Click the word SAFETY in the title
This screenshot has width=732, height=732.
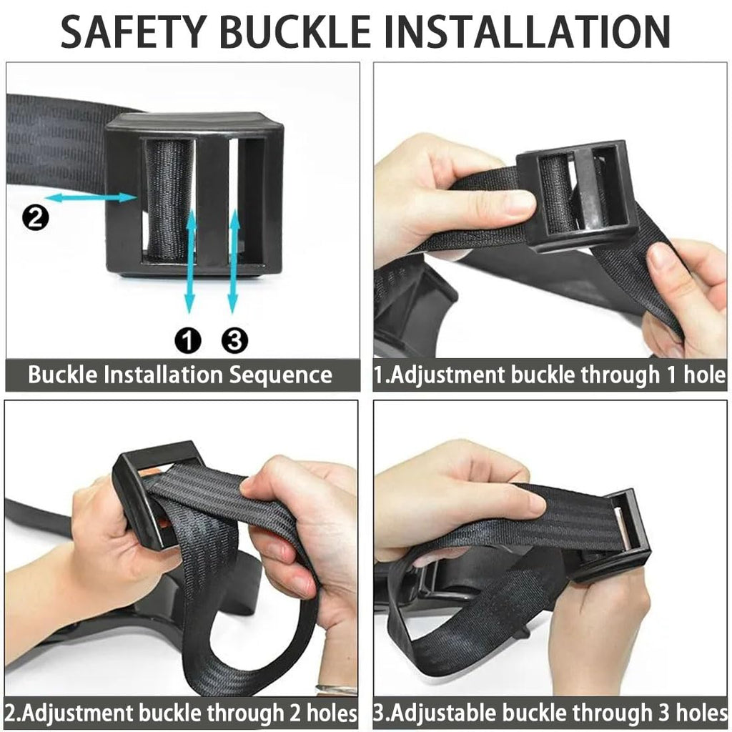(134, 31)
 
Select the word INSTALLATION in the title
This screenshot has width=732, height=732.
(527, 31)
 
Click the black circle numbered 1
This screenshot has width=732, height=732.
(188, 341)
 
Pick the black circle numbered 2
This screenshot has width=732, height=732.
(36, 217)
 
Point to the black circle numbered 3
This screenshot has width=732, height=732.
(234, 341)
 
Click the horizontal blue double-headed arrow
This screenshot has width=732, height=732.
(91, 198)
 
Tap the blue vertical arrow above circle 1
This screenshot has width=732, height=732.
(190, 262)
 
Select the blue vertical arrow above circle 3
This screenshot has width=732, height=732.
(234, 262)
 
